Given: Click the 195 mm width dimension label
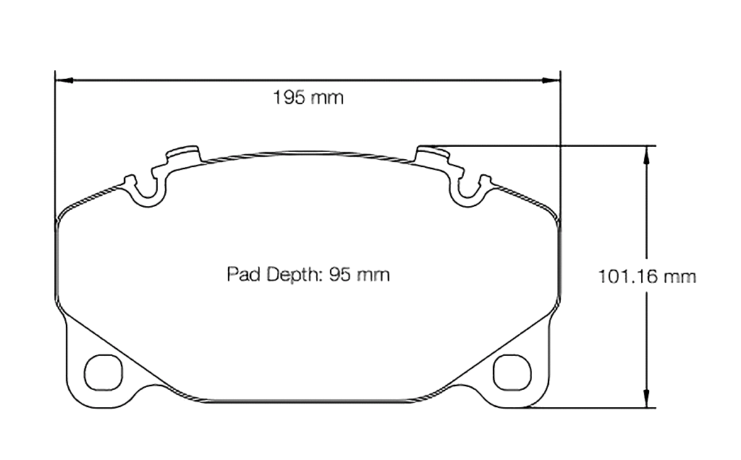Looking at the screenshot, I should pos(308,97).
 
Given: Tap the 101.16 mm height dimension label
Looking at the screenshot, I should pos(647,276).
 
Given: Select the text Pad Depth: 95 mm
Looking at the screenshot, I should pos(308,275).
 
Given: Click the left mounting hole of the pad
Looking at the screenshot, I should pos(100,372).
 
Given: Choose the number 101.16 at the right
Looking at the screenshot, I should pos(623,276).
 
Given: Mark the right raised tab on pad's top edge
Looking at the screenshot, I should pos(433,154).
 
